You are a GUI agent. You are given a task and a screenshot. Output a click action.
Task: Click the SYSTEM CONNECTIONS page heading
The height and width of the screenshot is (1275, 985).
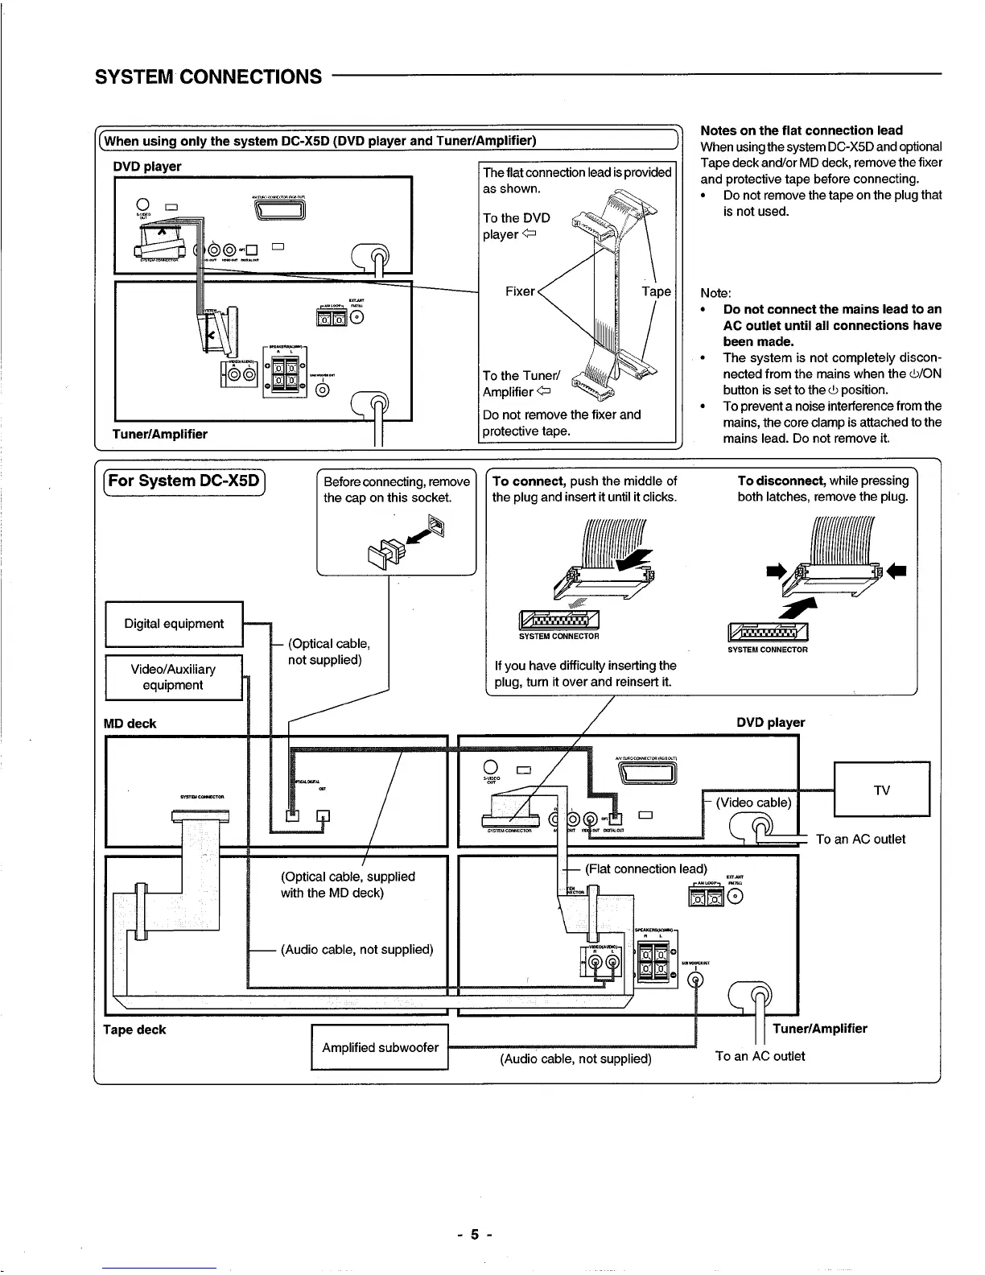pos(208,76)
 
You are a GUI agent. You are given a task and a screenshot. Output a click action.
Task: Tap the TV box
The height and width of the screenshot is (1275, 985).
pos(881,790)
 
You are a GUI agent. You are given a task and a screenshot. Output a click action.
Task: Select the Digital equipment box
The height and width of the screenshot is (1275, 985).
pos(174,624)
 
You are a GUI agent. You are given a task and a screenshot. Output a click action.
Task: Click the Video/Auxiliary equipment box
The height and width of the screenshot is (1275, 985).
pos(173,677)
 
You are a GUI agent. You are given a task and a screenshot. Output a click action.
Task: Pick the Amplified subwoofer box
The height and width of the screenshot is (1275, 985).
pos(380,1047)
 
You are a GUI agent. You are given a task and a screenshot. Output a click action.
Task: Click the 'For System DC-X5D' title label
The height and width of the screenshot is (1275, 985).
pos(184,481)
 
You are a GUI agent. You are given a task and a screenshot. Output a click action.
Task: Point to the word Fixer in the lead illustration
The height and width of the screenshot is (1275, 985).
pos(520,291)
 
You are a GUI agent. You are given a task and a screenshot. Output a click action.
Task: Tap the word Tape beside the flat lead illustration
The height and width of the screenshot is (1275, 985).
pos(656,291)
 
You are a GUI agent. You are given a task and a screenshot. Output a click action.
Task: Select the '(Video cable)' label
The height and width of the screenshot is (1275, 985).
pos(754,802)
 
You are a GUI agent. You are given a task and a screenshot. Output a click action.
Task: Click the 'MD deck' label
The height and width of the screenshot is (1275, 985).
pos(130,724)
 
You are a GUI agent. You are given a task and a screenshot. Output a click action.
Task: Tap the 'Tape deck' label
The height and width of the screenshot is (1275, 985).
pos(134,1029)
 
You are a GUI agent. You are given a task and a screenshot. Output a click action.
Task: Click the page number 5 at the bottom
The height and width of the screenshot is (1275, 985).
pos(476,1234)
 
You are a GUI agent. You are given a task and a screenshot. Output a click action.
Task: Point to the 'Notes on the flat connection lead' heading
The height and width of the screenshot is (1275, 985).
pos(802,130)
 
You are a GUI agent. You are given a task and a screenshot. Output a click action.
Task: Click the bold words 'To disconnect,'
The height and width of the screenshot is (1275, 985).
pos(781,481)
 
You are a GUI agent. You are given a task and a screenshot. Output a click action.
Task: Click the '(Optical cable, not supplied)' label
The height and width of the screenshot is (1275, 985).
pos(328,651)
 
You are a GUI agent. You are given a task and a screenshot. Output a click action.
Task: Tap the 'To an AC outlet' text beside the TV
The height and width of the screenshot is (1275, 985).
pos(860,839)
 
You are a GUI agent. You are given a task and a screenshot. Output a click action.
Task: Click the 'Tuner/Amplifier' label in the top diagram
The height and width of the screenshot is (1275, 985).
pos(161,434)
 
